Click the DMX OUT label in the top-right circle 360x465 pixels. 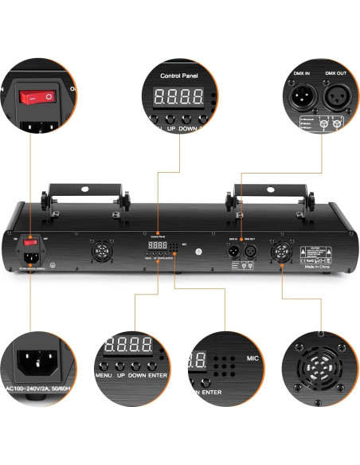coord(336,73)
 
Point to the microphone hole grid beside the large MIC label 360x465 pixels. coord(226,363)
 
